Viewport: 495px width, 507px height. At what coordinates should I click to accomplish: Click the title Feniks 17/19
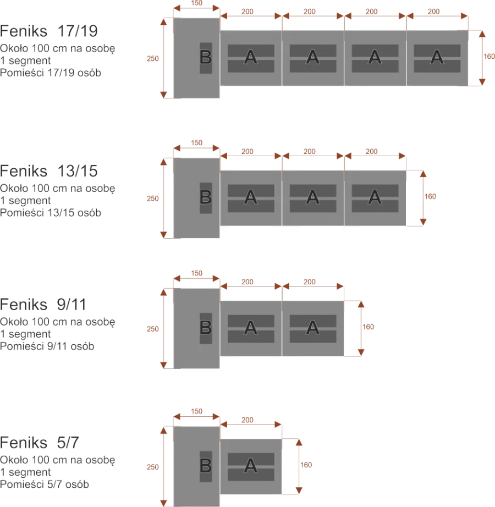[49, 31]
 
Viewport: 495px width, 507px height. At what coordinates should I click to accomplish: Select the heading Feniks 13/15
[49, 171]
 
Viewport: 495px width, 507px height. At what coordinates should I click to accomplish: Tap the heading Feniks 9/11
[44, 304]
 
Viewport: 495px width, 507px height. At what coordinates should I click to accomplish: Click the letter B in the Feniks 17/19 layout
[205, 57]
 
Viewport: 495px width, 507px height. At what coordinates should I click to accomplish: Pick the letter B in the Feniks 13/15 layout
[205, 197]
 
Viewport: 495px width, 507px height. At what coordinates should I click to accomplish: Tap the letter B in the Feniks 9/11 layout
[205, 328]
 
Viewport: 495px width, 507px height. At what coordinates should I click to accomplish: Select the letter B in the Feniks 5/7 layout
[205, 466]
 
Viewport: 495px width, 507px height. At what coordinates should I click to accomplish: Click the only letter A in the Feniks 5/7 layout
[251, 466]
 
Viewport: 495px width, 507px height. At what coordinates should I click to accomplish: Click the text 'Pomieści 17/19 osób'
[51, 72]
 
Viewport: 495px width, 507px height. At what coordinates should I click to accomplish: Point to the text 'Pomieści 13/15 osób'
[51, 212]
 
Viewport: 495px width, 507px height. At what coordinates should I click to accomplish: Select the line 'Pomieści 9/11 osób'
[48, 346]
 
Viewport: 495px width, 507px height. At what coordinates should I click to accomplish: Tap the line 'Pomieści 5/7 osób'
[45, 484]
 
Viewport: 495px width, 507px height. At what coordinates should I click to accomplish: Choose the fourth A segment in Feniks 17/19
[437, 57]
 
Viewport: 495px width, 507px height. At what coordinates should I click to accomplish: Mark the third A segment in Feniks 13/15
[375, 197]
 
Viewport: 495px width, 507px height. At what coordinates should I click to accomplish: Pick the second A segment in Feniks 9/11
[313, 328]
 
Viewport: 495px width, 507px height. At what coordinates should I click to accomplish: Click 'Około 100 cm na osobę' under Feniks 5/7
[58, 459]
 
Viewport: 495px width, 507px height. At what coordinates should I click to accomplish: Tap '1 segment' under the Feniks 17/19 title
[26, 60]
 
